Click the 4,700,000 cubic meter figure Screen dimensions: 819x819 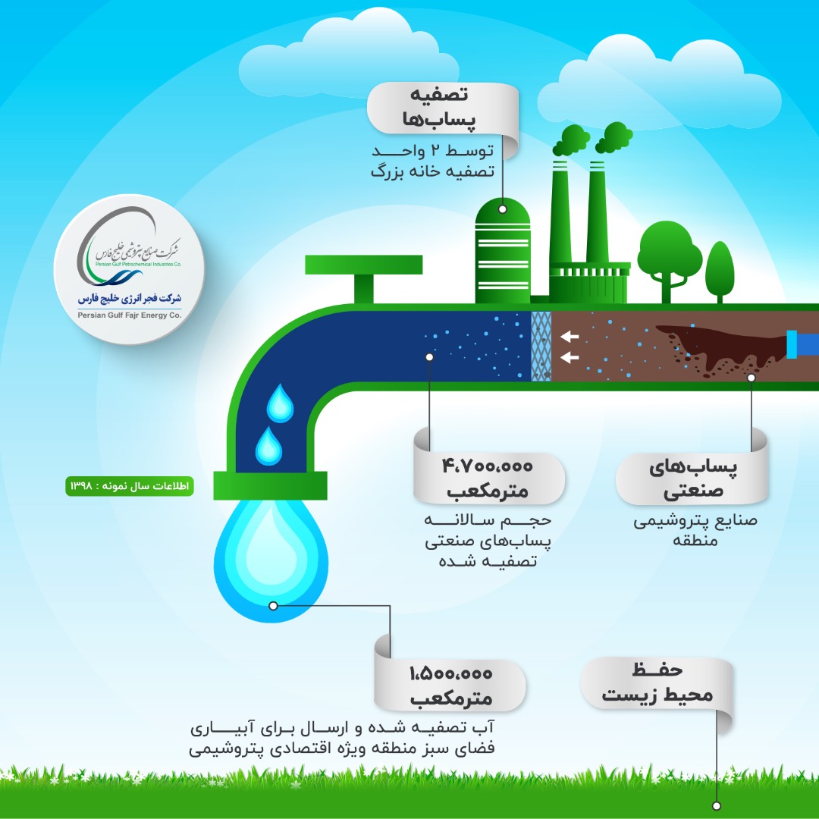pyautogui.click(x=488, y=465)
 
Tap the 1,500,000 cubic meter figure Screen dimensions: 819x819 pyautogui.click(x=451, y=673)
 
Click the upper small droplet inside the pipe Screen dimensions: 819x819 pyautogui.click(x=280, y=402)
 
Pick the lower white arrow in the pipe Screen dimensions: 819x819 pyautogui.click(x=569, y=356)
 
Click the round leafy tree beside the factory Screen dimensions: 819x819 pyautogui.click(x=665, y=254)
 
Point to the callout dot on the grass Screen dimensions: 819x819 pyautogui.click(x=717, y=805)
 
